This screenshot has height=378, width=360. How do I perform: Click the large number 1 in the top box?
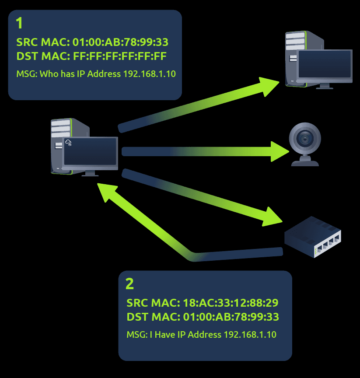(20, 23)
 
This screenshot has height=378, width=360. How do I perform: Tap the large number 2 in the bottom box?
(129, 284)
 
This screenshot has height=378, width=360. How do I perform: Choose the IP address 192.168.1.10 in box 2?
(250, 335)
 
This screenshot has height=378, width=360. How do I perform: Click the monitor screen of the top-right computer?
(325, 64)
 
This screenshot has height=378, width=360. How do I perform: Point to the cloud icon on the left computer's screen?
(68, 142)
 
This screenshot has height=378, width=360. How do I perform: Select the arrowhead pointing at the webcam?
(280, 151)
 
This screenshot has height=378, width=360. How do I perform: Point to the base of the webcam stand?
(305, 163)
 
